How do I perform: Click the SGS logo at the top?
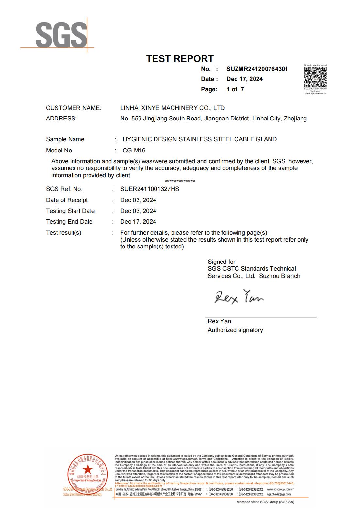61,34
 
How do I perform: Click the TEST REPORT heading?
180,59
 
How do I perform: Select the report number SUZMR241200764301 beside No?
257,69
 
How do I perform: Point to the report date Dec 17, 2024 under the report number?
244,79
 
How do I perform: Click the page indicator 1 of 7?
235,89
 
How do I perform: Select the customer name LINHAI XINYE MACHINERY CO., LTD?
172,108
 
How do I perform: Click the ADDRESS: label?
61,119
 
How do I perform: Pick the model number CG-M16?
134,151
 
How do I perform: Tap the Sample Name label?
65,139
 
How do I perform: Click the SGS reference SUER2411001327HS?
150,189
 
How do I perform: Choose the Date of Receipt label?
67,200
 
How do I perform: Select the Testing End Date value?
138,222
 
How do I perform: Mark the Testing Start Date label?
70,211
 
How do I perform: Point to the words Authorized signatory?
235,330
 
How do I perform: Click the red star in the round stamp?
87,470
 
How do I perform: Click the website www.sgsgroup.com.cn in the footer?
280,489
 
